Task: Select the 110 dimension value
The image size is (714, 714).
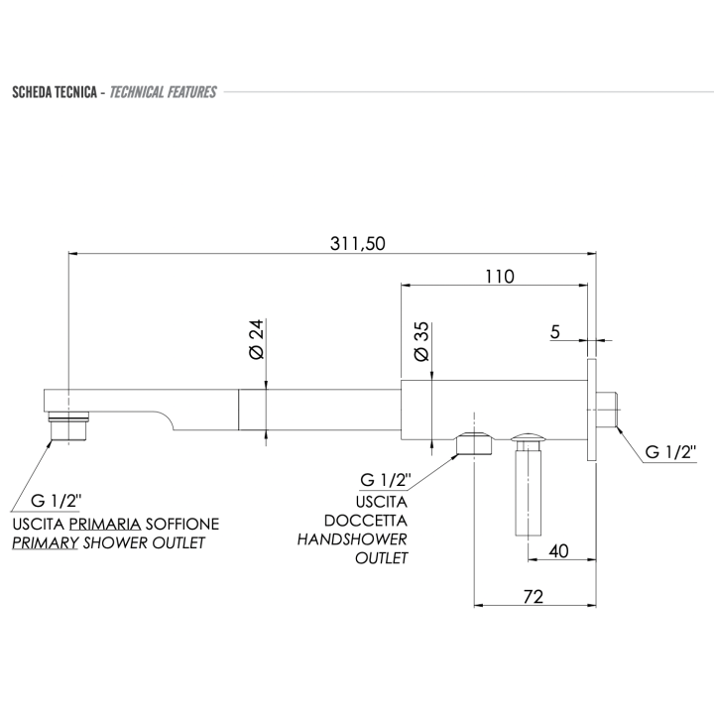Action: coord(500,277)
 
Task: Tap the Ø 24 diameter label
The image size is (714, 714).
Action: coord(255,341)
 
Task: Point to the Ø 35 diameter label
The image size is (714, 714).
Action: coord(420,339)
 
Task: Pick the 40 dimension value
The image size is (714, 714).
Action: coord(557,551)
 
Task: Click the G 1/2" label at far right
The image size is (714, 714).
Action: coord(671,451)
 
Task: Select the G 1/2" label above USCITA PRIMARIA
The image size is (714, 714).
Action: coord(57,499)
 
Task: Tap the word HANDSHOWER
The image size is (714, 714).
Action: coord(353,538)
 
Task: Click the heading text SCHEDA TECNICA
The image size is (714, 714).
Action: coord(53,92)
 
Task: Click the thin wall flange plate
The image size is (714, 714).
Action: coord(591,409)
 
